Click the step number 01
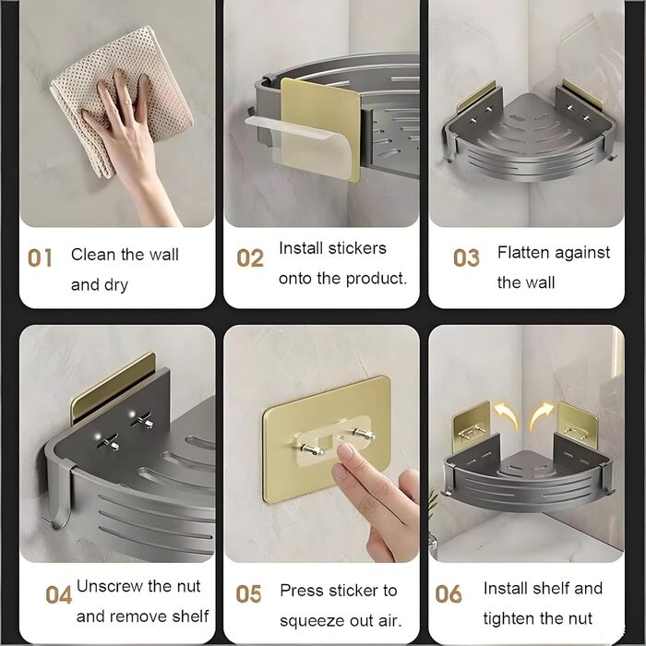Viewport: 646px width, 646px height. coord(40,257)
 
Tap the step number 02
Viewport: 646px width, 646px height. coord(250,257)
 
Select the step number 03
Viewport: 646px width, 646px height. coord(466,257)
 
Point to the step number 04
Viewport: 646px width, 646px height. coord(58,595)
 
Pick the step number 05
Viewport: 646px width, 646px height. coord(248,594)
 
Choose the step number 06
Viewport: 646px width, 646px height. coord(449,594)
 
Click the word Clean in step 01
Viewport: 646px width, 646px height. coord(93,254)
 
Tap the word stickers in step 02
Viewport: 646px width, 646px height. coord(357,248)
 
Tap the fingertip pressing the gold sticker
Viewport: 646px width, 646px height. coord(345,453)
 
